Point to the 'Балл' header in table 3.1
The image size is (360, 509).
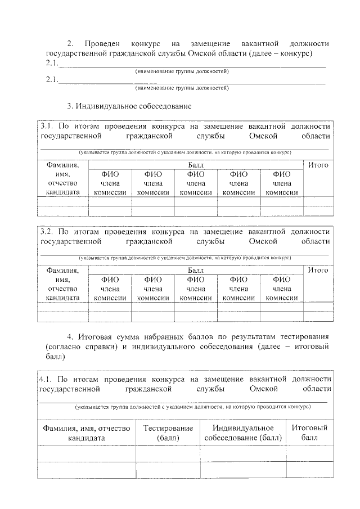tap(196, 165)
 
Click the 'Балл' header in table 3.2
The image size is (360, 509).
tap(196, 270)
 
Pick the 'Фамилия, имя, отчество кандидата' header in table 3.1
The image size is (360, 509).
tap(62, 179)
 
